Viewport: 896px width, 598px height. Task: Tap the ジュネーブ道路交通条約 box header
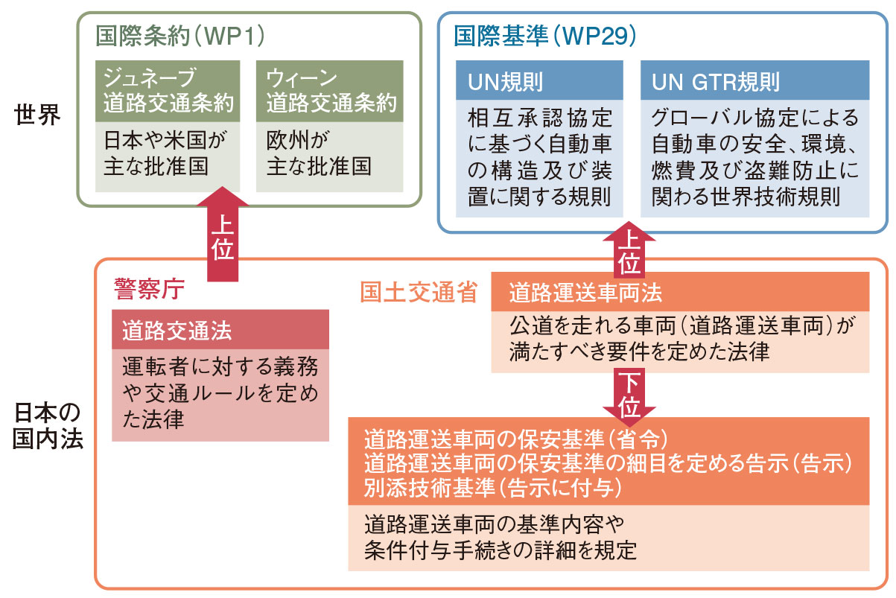point(168,91)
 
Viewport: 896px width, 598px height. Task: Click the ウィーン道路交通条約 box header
point(330,91)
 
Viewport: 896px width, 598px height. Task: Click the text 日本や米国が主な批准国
point(168,153)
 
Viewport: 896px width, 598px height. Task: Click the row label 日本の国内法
point(47,426)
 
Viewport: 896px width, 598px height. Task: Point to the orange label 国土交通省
point(418,293)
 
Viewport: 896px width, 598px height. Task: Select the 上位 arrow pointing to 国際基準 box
point(629,249)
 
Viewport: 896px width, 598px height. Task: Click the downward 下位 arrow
point(629,395)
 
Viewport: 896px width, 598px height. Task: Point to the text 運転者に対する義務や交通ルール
point(220,378)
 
